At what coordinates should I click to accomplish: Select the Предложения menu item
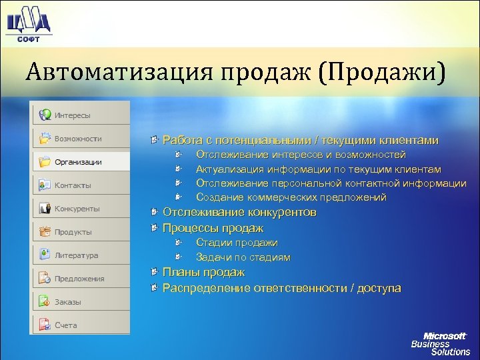click(x=79, y=279)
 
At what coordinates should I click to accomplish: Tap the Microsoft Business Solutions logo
click(x=440, y=343)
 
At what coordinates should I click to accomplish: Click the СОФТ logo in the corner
click(x=28, y=24)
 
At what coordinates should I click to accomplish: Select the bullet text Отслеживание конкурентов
click(x=239, y=213)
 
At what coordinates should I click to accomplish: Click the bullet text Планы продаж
click(x=203, y=273)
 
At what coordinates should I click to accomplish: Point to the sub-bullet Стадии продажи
click(x=237, y=243)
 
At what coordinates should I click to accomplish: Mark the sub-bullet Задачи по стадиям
click(x=243, y=257)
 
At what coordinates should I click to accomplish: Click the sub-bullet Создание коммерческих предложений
click(x=291, y=197)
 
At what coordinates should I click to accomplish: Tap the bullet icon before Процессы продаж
click(x=154, y=228)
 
